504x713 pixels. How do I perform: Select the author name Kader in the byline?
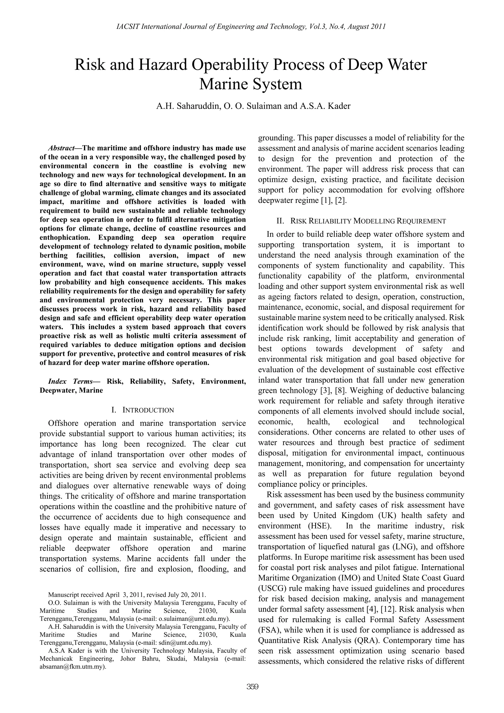[338, 106]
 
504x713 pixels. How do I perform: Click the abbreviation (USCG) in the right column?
[272, 588]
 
